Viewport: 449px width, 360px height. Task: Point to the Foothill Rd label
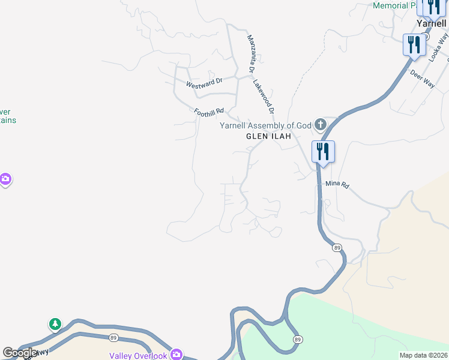(209, 112)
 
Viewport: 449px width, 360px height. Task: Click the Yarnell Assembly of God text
(266, 125)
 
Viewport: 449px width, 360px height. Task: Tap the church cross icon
(321, 125)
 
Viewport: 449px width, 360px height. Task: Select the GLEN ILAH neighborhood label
(268, 136)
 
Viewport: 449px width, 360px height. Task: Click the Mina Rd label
(337, 185)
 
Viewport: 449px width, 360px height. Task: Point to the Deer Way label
(422, 79)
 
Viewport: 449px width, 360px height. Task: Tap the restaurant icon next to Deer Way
(414, 45)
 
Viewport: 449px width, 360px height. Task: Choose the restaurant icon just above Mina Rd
(323, 151)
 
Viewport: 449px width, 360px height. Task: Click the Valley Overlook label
(137, 356)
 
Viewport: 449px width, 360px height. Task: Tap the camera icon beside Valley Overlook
(176, 354)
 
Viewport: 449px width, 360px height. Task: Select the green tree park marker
(55, 325)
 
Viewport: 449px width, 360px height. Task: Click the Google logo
(20, 353)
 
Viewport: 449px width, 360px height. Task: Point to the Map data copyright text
(423, 355)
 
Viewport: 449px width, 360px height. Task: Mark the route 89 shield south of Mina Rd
(337, 247)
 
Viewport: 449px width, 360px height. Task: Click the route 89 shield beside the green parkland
(298, 340)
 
